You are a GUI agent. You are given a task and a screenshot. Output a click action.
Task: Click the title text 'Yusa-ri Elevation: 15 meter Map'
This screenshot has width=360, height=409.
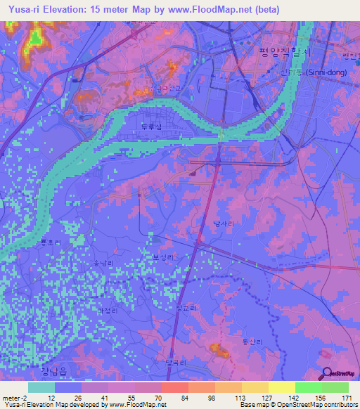84,9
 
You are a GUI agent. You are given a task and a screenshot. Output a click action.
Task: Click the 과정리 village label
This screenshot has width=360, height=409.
106,309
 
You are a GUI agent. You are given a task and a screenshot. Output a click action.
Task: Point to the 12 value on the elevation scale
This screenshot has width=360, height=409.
51,397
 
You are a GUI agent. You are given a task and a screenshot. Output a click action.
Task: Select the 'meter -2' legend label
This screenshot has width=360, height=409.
16,397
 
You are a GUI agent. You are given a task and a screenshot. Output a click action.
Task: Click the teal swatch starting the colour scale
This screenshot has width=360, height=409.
41,387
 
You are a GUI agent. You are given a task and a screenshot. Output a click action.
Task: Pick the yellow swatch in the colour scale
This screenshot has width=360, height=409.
281,387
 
